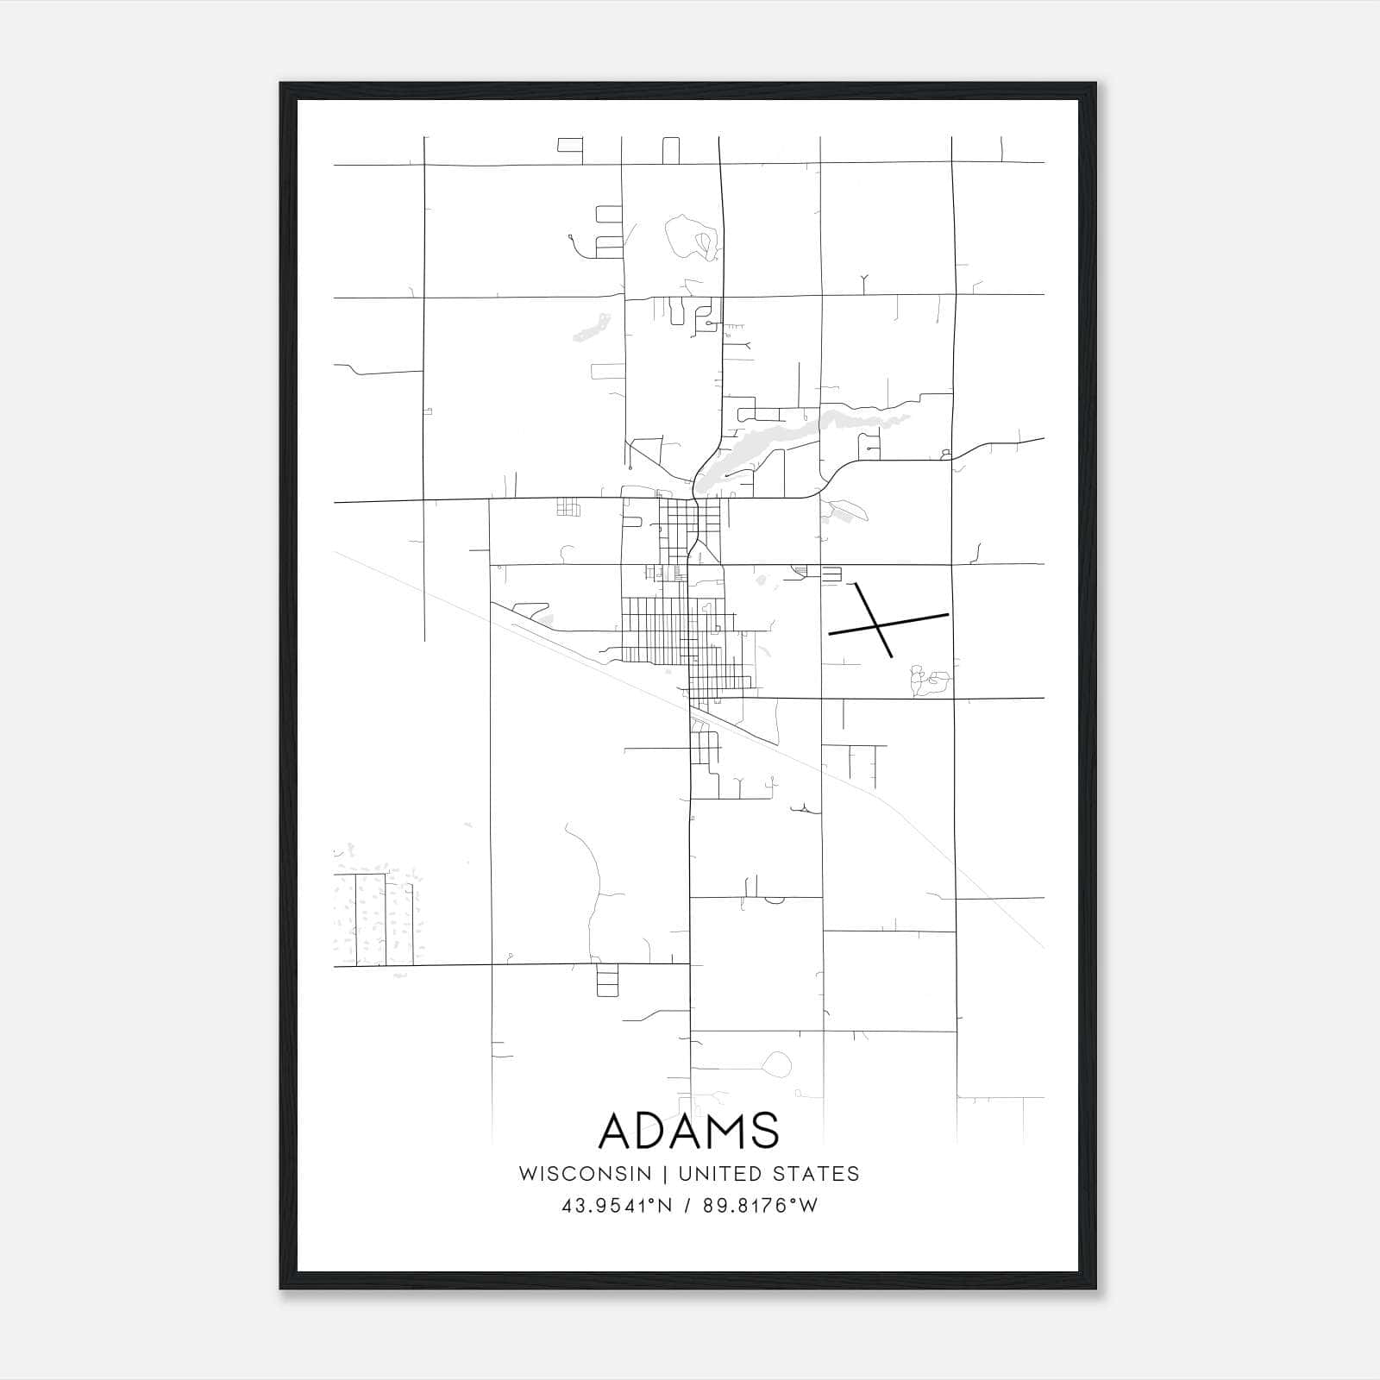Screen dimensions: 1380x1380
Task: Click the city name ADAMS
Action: click(688, 1131)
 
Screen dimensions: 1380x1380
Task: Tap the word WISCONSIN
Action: click(585, 1173)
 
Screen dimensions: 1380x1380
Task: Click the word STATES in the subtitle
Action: click(816, 1173)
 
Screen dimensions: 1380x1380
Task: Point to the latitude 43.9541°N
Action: click(616, 1205)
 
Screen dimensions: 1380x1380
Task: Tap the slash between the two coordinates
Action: click(687, 1205)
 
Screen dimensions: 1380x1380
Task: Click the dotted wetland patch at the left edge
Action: click(375, 914)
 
